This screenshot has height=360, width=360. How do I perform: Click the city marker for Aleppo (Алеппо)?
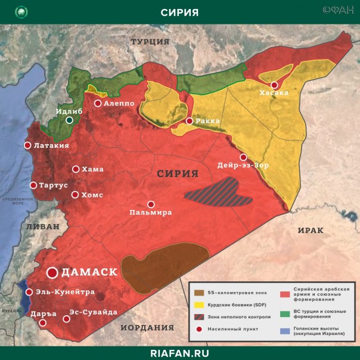pyautogui.click(x=97, y=103)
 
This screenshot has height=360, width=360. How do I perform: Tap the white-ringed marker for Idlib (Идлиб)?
pyautogui.click(x=70, y=120)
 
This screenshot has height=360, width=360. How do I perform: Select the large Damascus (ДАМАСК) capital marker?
pyautogui.click(x=52, y=272)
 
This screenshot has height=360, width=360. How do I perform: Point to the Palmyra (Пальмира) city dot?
pyautogui.click(x=151, y=204)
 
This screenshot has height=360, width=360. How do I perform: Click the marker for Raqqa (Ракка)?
pyautogui.click(x=190, y=121)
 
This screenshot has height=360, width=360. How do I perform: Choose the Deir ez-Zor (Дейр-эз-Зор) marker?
pyautogui.click(x=243, y=157)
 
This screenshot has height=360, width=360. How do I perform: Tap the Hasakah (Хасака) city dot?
pyautogui.click(x=274, y=85)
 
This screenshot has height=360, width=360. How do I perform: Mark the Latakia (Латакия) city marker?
pyautogui.click(x=27, y=145)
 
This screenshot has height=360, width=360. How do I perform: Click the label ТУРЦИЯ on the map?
pyautogui.click(x=150, y=41)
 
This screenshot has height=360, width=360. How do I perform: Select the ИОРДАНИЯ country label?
pyautogui.click(x=147, y=327)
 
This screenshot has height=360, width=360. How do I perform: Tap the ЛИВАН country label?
pyautogui.click(x=42, y=226)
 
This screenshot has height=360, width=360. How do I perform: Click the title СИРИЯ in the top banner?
pyautogui.click(x=179, y=13)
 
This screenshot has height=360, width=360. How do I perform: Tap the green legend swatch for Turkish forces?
pyautogui.click(x=284, y=314)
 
